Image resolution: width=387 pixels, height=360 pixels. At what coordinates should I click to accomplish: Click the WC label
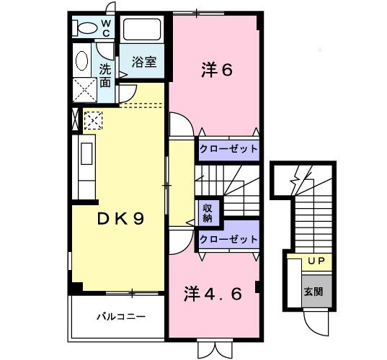(105, 27)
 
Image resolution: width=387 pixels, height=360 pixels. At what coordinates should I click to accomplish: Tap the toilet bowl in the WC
(86, 28)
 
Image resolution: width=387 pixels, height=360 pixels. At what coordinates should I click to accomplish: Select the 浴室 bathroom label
(143, 63)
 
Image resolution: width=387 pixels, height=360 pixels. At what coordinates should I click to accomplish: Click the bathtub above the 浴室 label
(143, 30)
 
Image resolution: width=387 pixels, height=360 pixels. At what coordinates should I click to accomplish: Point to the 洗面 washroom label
(105, 76)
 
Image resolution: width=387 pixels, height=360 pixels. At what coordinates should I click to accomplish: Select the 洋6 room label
(215, 70)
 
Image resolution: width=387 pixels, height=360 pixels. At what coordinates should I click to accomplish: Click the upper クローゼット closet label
(228, 148)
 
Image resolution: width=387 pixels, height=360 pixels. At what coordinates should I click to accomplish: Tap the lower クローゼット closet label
(228, 239)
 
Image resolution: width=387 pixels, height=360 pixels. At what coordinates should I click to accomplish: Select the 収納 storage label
(206, 212)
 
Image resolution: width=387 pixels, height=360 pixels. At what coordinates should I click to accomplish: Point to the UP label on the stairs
(314, 261)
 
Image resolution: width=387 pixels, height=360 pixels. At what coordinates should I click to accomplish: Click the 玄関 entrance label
(313, 291)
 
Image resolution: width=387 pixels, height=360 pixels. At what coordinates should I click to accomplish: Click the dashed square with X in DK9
(94, 119)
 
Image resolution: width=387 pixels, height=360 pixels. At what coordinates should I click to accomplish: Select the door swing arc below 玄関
(314, 320)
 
